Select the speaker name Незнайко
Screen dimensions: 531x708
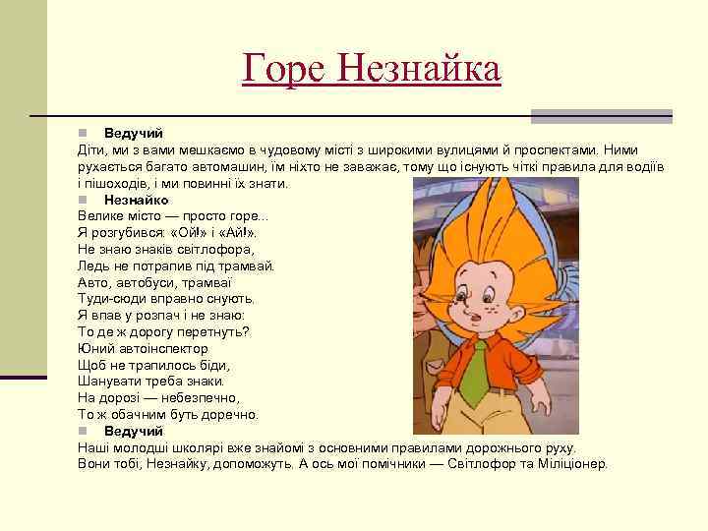(x=136, y=200)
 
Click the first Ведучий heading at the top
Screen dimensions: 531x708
(x=134, y=133)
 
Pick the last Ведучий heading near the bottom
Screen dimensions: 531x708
(x=134, y=431)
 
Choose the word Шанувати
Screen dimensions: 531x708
(x=109, y=382)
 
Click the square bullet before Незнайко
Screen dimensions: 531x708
(x=85, y=200)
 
